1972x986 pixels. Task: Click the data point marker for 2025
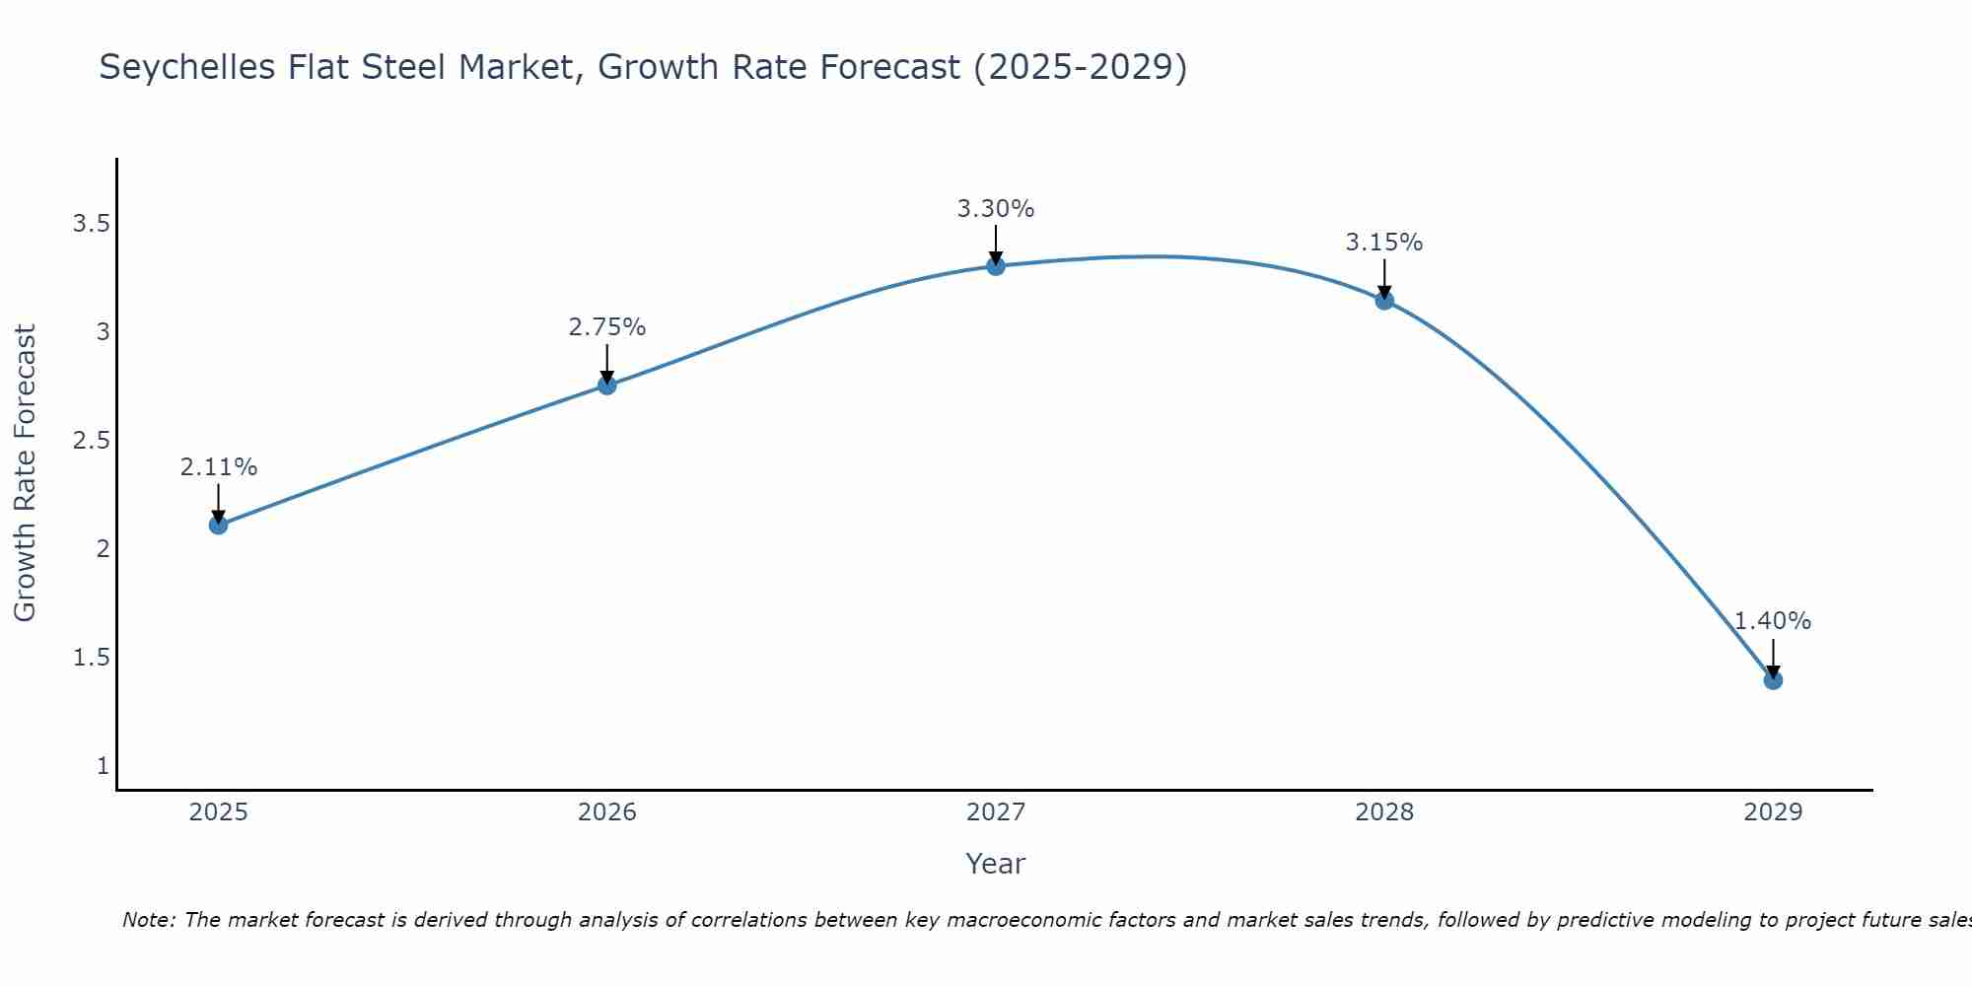tap(219, 525)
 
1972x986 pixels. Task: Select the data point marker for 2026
tap(607, 386)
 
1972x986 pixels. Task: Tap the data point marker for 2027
tap(996, 266)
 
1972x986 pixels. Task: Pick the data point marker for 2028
tap(1384, 300)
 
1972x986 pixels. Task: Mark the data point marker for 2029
tap(1773, 679)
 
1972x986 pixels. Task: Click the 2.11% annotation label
tap(219, 467)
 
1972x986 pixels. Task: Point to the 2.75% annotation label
tap(607, 327)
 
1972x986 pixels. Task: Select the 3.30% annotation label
tap(996, 209)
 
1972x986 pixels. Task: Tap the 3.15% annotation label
tap(1384, 243)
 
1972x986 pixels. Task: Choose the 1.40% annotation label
tap(1773, 621)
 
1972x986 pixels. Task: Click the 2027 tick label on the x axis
tap(996, 812)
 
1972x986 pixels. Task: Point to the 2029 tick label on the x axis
tap(1773, 812)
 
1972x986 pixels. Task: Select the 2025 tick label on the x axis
tap(219, 812)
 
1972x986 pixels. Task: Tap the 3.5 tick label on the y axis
tap(91, 224)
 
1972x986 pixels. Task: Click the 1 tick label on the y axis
tap(103, 766)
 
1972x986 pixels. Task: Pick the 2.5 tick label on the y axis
tap(91, 441)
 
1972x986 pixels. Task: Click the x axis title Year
tap(996, 864)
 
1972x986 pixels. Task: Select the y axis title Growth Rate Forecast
tap(25, 473)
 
